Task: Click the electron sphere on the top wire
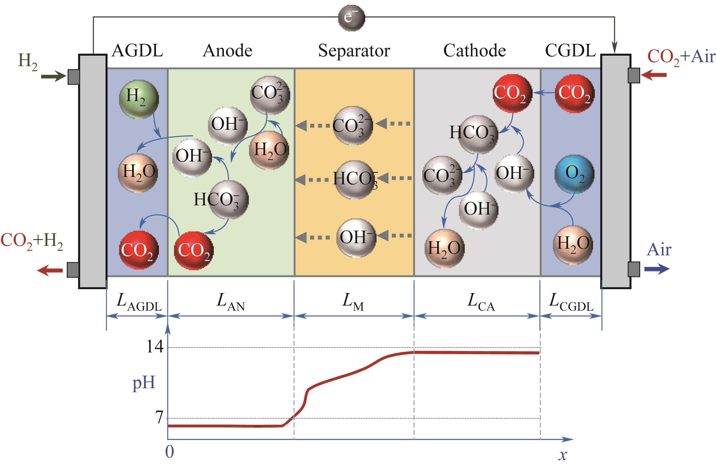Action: [x=351, y=18]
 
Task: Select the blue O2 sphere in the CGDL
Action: [x=574, y=174]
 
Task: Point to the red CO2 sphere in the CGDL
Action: [x=574, y=94]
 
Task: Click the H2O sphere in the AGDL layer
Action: [x=138, y=173]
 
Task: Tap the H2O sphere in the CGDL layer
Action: [x=573, y=244]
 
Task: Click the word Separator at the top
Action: [x=354, y=51]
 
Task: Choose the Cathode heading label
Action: [x=474, y=51]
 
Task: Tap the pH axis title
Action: [x=144, y=383]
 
